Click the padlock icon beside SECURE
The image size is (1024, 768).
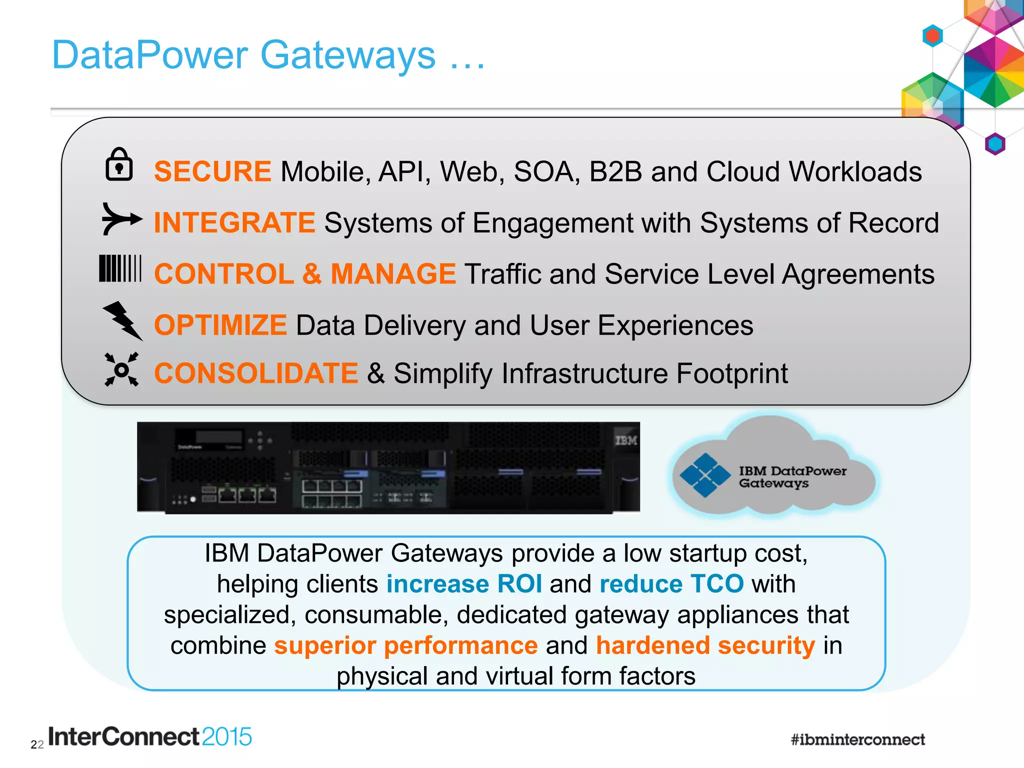[119, 164]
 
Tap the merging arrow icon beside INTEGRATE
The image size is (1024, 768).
[121, 219]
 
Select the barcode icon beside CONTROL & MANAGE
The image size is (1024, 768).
[120, 268]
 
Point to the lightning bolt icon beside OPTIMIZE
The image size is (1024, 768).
[122, 320]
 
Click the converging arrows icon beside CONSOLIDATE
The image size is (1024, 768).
[121, 370]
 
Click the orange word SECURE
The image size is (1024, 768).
[212, 171]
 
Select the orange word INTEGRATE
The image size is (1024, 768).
[234, 222]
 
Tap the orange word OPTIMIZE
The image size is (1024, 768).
[220, 325]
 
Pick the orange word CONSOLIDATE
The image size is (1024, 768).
[256, 373]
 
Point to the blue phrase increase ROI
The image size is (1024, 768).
[464, 583]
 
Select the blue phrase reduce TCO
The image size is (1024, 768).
[671, 583]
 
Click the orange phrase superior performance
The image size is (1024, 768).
[405, 645]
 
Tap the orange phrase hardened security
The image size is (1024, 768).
[705, 645]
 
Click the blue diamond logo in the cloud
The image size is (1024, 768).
[705, 475]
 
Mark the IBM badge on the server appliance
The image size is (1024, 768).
[626, 440]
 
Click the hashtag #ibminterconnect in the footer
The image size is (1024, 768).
[857, 739]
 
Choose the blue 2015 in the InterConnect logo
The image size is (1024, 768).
[227, 737]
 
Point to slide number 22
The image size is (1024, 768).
[37, 745]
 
